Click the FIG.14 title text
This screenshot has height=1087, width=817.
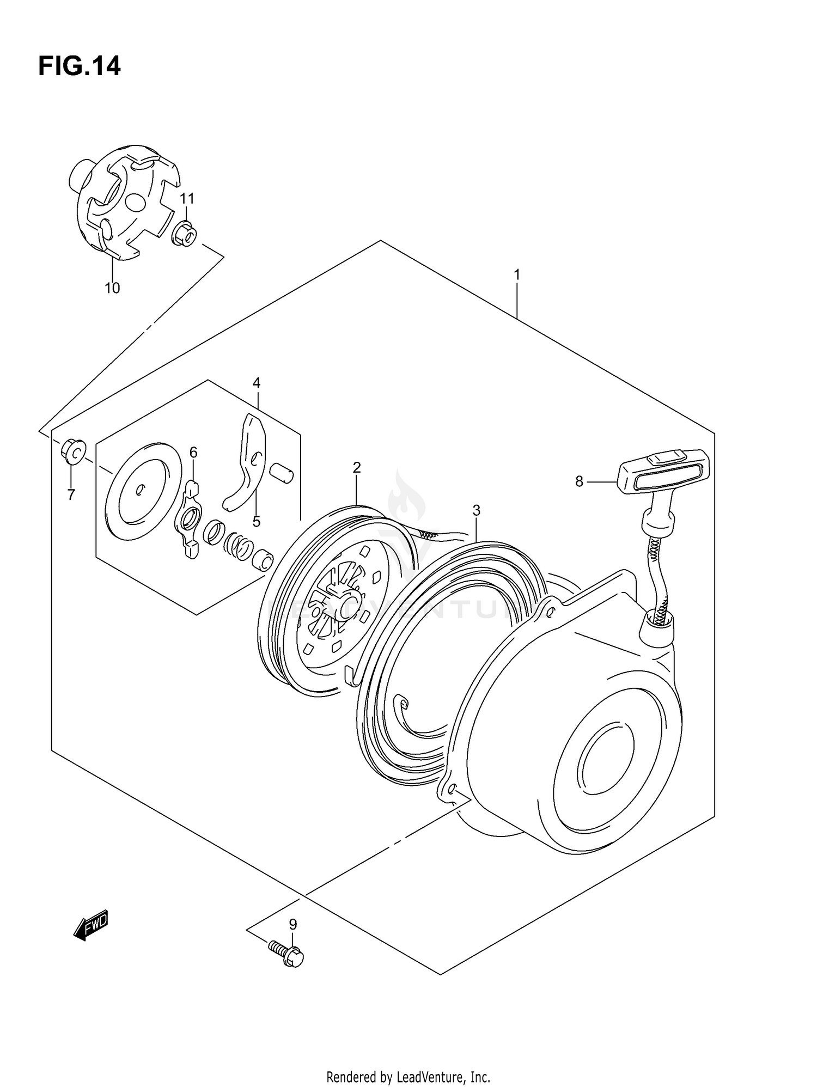pyautogui.click(x=80, y=66)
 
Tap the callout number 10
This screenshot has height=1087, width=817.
pyautogui.click(x=112, y=288)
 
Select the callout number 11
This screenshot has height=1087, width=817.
pyautogui.click(x=187, y=198)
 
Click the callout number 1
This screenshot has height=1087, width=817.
pyautogui.click(x=516, y=275)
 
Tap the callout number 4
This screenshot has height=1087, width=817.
pyautogui.click(x=257, y=383)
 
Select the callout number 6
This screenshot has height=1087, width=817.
pyautogui.click(x=193, y=452)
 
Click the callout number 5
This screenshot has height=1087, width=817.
pyautogui.click(x=256, y=521)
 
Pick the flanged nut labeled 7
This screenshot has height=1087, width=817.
pyautogui.click(x=72, y=451)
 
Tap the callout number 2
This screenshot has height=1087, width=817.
pyautogui.click(x=357, y=467)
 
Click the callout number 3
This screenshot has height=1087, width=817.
pyautogui.click(x=476, y=510)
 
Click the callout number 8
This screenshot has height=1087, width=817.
pyautogui.click(x=579, y=481)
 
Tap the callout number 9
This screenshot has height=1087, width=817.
pyautogui.click(x=292, y=924)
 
